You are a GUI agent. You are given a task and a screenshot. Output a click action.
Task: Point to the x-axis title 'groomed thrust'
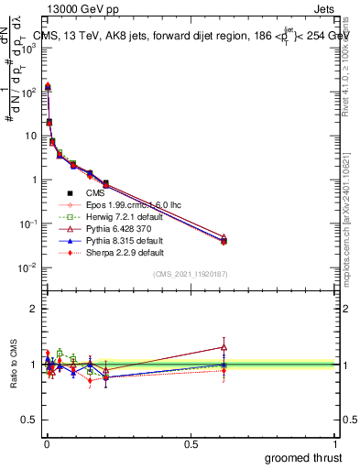coord(304,457)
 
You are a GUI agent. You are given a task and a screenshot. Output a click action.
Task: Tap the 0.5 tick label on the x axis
coord(191,444)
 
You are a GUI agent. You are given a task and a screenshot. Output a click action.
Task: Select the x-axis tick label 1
coord(336,444)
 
